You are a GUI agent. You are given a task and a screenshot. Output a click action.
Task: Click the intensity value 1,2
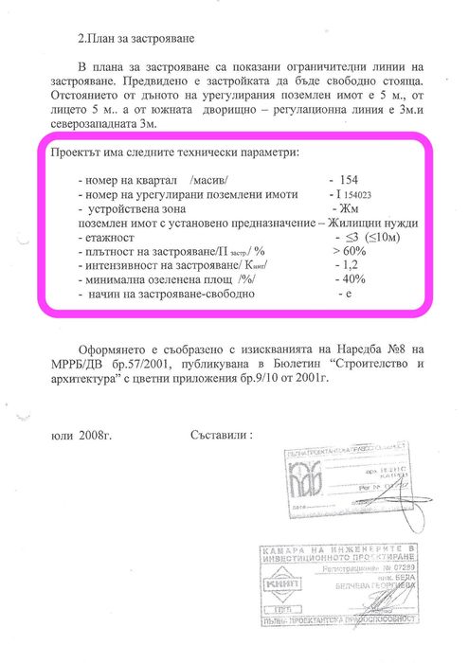(x=347, y=266)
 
